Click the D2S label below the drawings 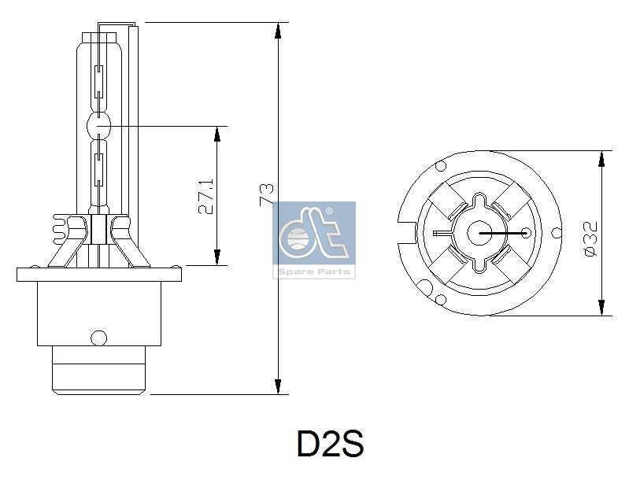tap(330, 445)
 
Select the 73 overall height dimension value tap(268, 194)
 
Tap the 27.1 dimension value tap(205, 196)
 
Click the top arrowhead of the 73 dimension tap(277, 30)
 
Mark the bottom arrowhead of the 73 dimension tap(277, 386)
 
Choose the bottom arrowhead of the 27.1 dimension tap(217, 257)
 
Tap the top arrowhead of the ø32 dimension tap(601, 158)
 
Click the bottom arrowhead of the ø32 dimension tap(601, 308)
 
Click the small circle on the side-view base tap(98, 338)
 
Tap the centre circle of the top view tap(481, 233)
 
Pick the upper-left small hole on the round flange tap(441, 167)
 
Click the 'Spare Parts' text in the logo tap(314, 271)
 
